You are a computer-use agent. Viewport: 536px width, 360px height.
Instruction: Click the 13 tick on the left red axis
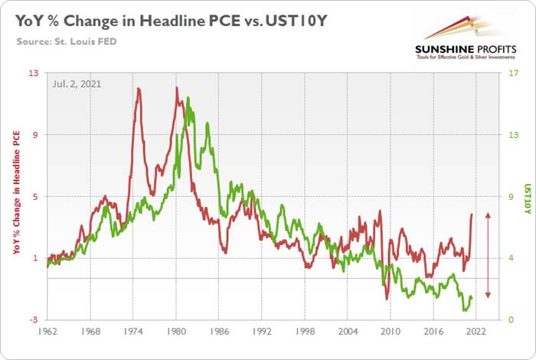(x=35, y=73)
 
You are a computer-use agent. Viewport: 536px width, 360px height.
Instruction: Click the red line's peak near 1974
(x=138, y=89)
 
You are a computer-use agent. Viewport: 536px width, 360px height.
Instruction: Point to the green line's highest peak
(x=188, y=98)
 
